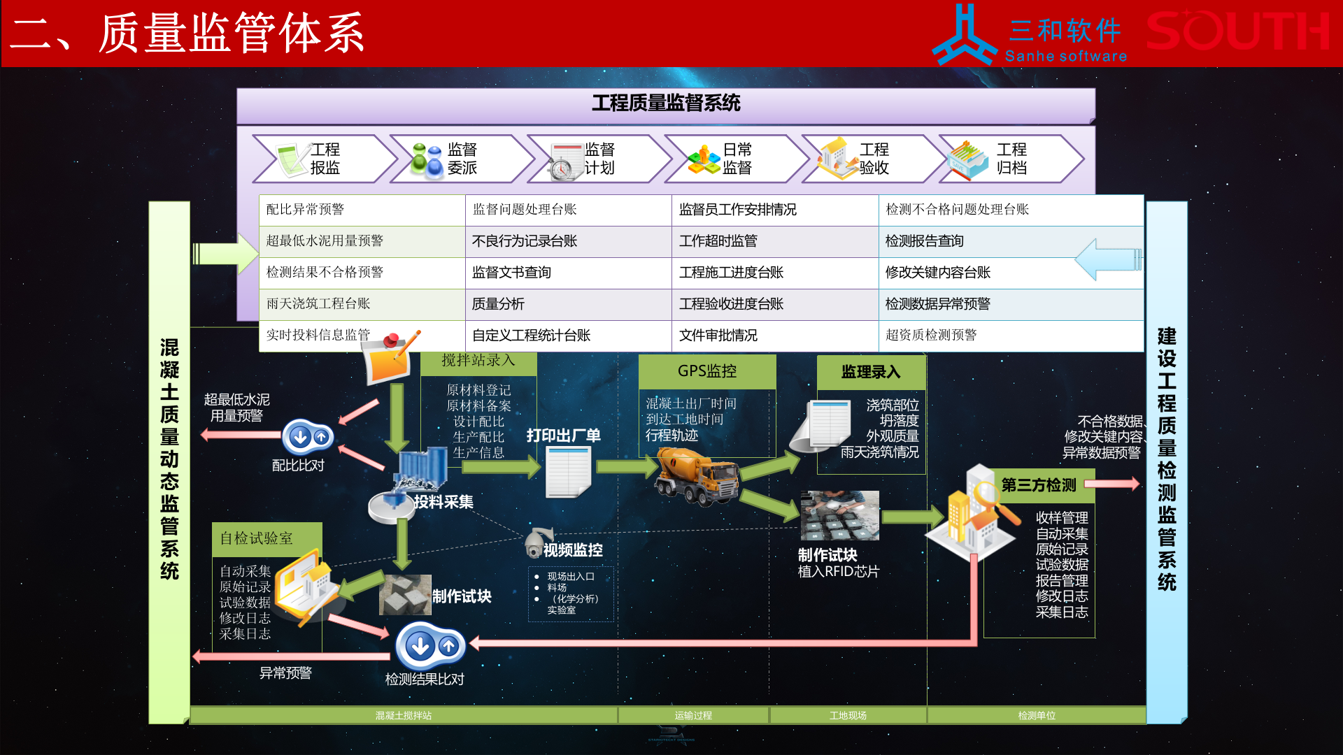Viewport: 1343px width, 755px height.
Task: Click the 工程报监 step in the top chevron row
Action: pos(322,159)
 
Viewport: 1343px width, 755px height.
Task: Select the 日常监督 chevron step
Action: pos(734,159)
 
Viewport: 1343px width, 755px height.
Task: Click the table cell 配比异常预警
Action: pos(361,210)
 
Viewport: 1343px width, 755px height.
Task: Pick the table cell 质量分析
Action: pos(567,304)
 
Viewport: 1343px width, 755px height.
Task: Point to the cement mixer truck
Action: pos(697,476)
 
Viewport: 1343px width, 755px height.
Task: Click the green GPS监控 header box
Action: pos(706,371)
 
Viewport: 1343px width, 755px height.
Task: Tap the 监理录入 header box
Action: pos(870,372)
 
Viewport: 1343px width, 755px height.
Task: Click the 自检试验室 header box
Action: pos(267,538)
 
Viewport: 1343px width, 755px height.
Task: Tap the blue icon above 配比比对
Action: pos(308,438)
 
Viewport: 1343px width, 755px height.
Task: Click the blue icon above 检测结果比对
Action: pos(429,646)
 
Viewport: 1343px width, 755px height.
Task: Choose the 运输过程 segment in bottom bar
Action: pos(693,715)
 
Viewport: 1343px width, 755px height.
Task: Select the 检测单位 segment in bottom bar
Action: pos(1036,715)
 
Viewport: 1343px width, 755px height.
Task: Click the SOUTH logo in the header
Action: pos(1237,32)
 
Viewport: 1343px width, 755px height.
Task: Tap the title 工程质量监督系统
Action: pos(665,103)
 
